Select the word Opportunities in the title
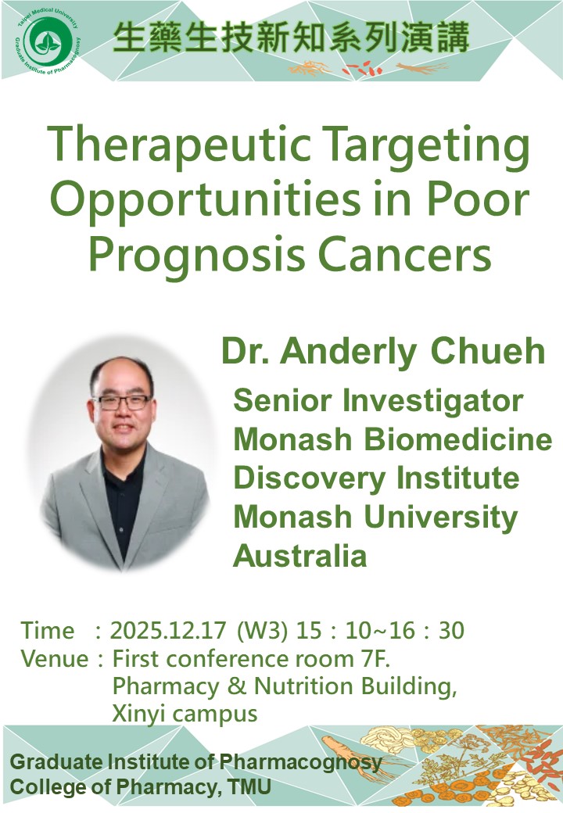coord(206,202)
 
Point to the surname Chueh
coord(488,351)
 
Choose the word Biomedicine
coord(457,439)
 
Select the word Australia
coord(300,556)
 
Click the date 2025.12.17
coord(168,631)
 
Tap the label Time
coord(48,631)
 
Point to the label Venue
coord(55,659)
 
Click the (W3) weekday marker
coord(262,631)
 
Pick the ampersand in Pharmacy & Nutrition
coord(236,686)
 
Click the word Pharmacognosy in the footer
coord(300,763)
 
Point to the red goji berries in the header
coord(362,69)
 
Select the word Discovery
coord(309,479)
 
